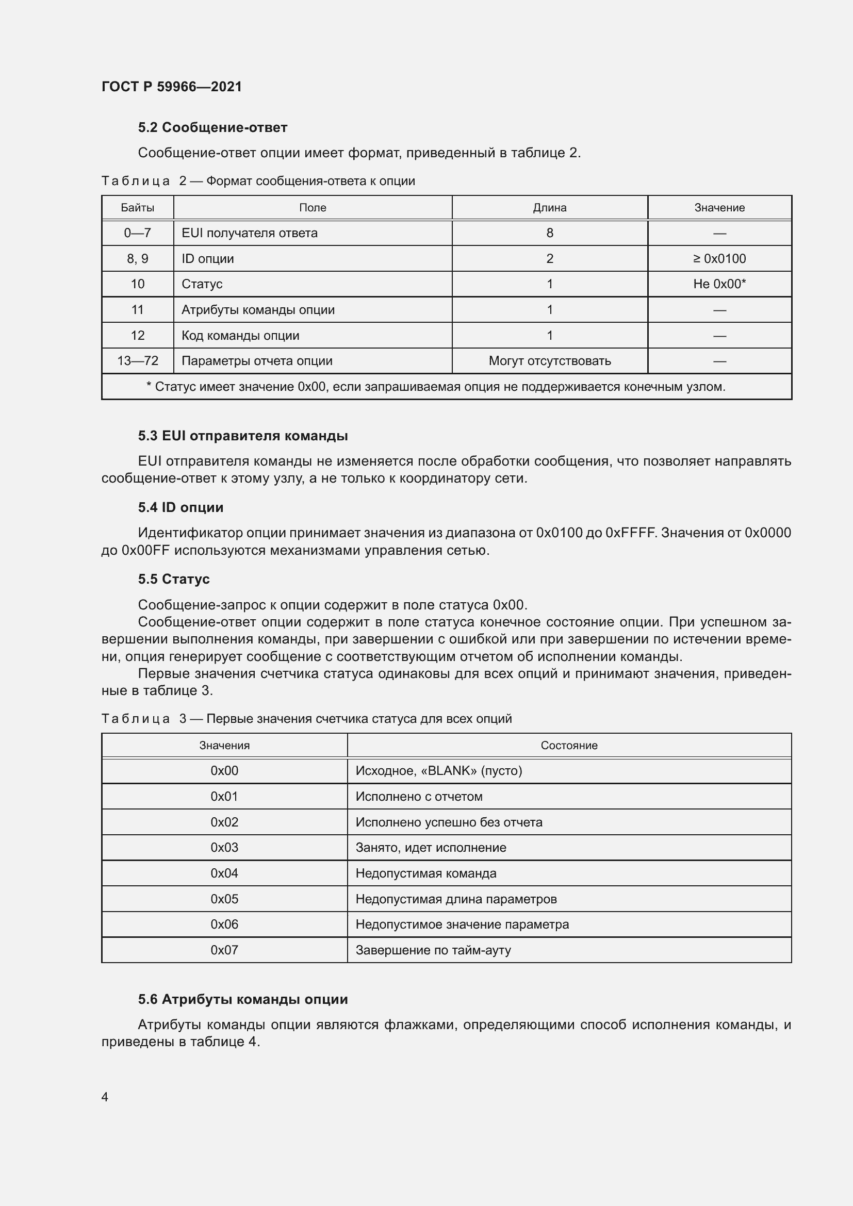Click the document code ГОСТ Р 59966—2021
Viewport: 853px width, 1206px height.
[171, 87]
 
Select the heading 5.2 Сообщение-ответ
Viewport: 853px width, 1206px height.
[212, 128]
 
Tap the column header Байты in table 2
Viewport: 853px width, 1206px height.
[137, 207]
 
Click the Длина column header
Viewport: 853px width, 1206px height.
[549, 207]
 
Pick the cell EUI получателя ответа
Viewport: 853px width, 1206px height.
[250, 233]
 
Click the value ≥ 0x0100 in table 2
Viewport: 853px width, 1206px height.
[719, 258]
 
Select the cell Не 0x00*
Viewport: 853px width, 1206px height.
[719, 284]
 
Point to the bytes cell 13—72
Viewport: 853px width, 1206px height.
[137, 361]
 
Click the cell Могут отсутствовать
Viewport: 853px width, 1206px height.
[549, 361]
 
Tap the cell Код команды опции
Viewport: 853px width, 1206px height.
[240, 336]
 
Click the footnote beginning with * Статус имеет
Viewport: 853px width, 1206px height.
[435, 387]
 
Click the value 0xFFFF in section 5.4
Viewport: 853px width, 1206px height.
[630, 533]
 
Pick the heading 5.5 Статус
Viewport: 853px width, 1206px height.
[173, 580]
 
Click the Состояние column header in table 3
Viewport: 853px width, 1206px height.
[569, 746]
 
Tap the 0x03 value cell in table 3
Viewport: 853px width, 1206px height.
[224, 847]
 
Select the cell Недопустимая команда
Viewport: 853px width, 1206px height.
[425, 873]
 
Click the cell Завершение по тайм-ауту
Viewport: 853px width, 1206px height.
[433, 950]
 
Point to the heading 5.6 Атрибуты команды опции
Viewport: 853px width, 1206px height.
[243, 999]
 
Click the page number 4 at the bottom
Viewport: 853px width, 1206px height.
[105, 1097]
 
